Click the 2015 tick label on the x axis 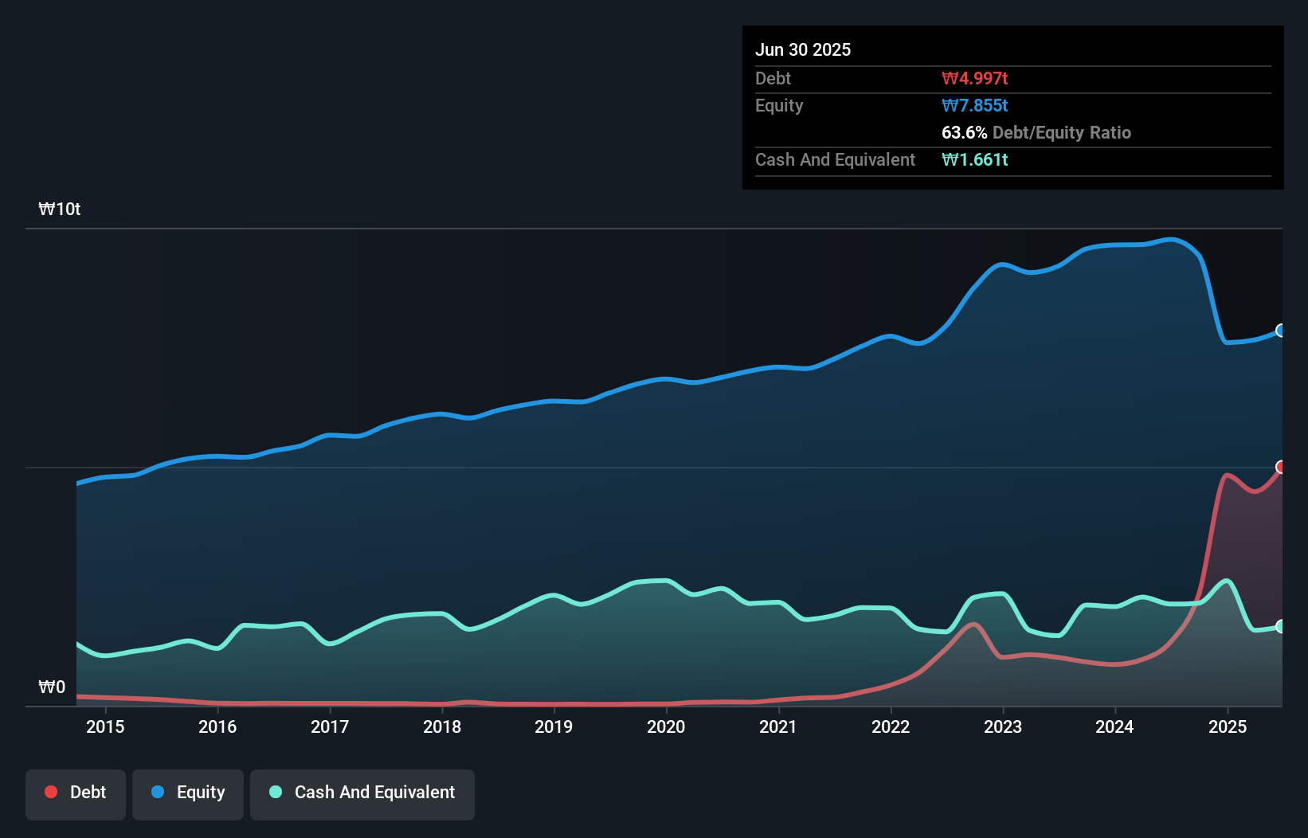(x=105, y=726)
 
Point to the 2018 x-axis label (x=442, y=726)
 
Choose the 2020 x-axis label (x=666, y=726)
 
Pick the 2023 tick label (x=1003, y=726)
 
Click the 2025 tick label (x=1228, y=726)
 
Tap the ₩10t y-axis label (x=60, y=209)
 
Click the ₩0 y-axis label (x=52, y=687)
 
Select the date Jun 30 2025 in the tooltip (x=803, y=49)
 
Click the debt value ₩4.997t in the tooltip (x=974, y=78)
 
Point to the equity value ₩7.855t (x=974, y=105)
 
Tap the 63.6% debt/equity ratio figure (x=964, y=132)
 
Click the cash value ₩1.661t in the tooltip (x=974, y=159)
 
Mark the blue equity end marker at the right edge (x=1281, y=331)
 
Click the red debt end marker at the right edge (x=1281, y=467)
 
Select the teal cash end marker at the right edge (x=1281, y=626)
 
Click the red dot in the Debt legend (x=51, y=792)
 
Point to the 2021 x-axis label (x=778, y=726)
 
